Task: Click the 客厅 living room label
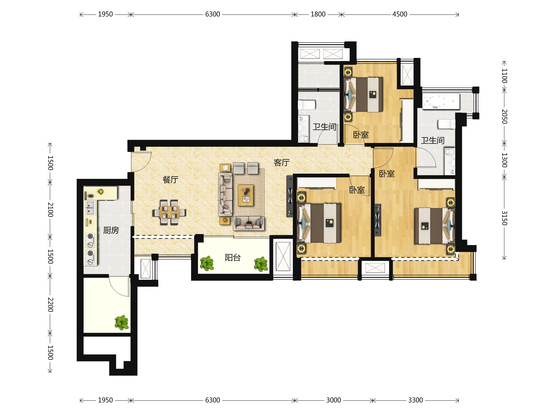click(281, 163)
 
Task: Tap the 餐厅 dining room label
click(171, 180)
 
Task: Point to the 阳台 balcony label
click(233, 257)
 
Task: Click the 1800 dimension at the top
click(318, 14)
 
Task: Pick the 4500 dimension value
click(400, 14)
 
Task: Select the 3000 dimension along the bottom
click(334, 400)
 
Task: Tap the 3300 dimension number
click(415, 400)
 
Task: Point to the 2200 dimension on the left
click(51, 304)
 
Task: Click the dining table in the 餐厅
click(169, 212)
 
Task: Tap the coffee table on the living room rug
click(246, 195)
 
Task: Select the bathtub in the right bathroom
click(441, 101)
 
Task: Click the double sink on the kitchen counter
click(90, 208)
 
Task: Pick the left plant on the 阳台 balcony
click(207, 263)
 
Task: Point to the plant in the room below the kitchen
click(122, 322)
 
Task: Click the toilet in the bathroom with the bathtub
click(446, 124)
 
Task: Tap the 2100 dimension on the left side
click(51, 209)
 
